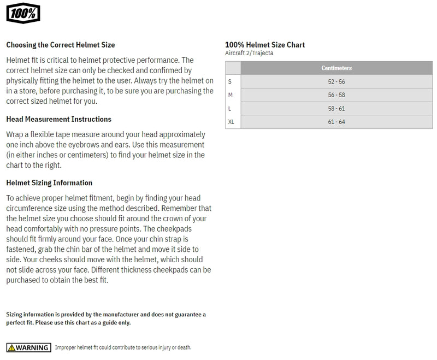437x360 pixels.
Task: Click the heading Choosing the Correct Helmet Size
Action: [60, 45]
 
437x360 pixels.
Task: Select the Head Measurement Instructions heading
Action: [58, 119]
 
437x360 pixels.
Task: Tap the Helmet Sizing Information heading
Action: [49, 183]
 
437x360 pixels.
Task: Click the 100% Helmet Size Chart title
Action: [265, 45]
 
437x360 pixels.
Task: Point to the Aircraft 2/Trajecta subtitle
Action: [249, 53]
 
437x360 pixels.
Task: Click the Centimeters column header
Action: [336, 68]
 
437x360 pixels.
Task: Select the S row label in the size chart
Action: [230, 81]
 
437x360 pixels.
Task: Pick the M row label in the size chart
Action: [231, 95]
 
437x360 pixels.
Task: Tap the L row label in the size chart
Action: [230, 109]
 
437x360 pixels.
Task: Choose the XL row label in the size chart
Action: [231, 122]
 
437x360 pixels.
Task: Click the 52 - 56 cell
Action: [336, 81]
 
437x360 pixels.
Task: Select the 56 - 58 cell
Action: [336, 95]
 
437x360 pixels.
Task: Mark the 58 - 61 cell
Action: [336, 109]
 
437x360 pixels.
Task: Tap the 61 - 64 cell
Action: [336, 122]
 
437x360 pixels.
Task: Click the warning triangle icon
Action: [11, 347]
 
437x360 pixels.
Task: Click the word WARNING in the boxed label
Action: [32, 347]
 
